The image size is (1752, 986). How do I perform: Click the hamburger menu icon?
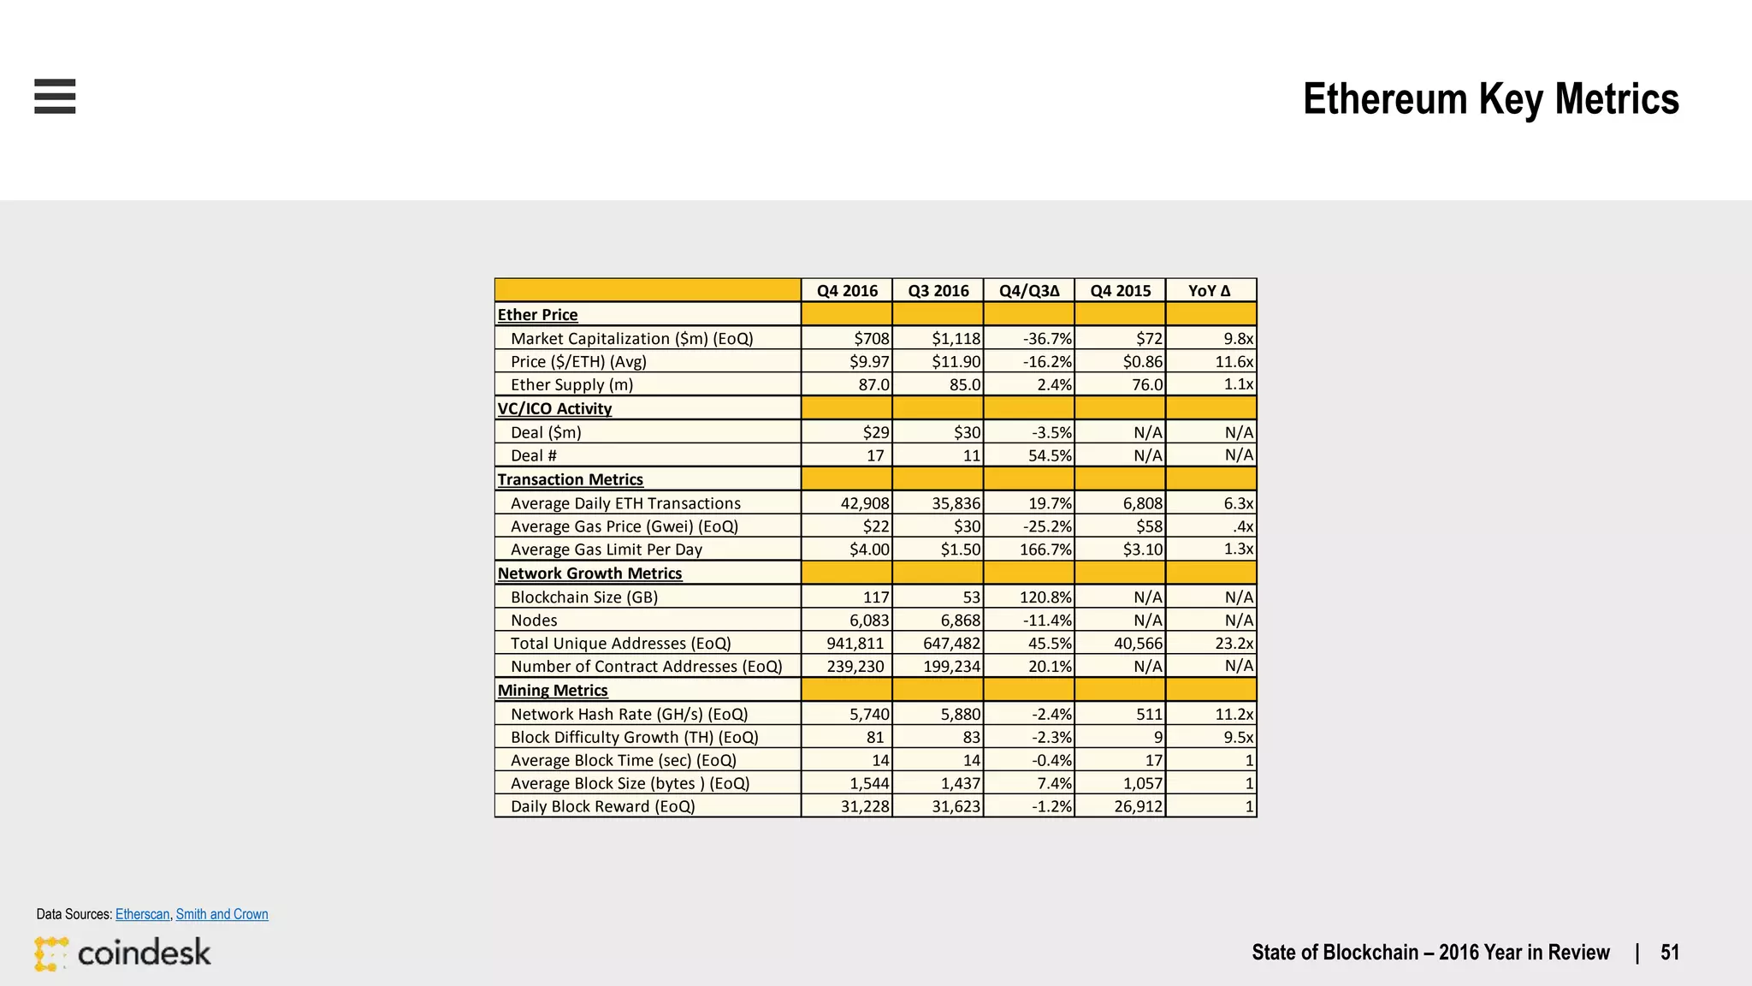coord(55,96)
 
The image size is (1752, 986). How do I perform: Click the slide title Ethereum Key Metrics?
coord(1490,98)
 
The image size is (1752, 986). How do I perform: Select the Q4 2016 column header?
coord(847,291)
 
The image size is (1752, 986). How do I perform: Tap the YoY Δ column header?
coord(1210,291)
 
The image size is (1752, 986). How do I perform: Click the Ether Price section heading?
coord(537,315)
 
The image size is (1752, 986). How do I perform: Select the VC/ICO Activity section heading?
coord(554,409)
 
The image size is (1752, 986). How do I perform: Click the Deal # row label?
coord(533,456)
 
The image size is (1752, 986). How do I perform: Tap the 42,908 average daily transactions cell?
coord(864,504)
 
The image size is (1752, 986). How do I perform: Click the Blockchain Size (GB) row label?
coord(583,597)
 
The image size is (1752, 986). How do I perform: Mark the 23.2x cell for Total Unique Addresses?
coord(1234,644)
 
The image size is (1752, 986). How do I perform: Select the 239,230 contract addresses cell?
coord(855,667)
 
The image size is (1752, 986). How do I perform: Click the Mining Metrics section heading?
coord(553,691)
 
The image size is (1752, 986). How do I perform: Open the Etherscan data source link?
coord(142,914)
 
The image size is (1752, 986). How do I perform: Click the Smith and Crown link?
coord(222,914)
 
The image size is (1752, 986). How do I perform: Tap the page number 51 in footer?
coord(1669,953)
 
